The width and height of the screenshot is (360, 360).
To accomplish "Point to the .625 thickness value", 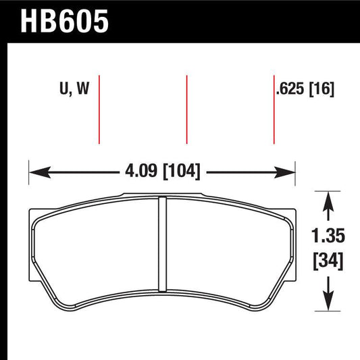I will [x=292, y=88].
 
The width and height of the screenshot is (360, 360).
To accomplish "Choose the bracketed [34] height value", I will [x=328, y=260].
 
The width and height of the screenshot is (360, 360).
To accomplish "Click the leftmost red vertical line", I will [x=99, y=108].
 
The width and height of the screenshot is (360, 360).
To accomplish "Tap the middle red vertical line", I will [x=186, y=108].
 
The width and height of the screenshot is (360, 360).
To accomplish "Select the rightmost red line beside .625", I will [x=274, y=108].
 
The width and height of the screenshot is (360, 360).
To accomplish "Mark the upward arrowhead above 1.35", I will [x=328, y=197].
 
